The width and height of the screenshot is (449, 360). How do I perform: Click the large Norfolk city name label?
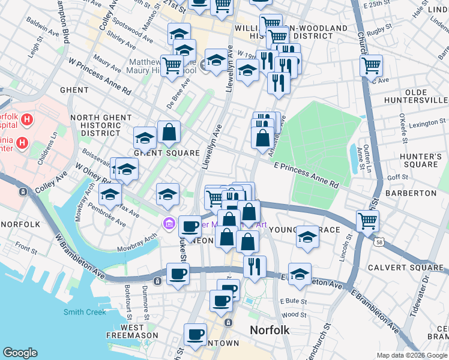(x=270, y=330)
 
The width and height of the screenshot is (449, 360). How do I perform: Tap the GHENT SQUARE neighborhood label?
(x=166, y=153)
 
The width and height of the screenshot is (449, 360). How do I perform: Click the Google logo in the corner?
(x=20, y=353)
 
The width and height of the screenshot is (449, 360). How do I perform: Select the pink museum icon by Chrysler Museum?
(x=169, y=224)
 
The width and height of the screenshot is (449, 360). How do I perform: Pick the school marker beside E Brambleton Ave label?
(x=300, y=273)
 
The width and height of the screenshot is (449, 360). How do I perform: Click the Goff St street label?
(x=397, y=178)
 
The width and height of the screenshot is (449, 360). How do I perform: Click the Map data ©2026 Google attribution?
(x=411, y=355)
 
